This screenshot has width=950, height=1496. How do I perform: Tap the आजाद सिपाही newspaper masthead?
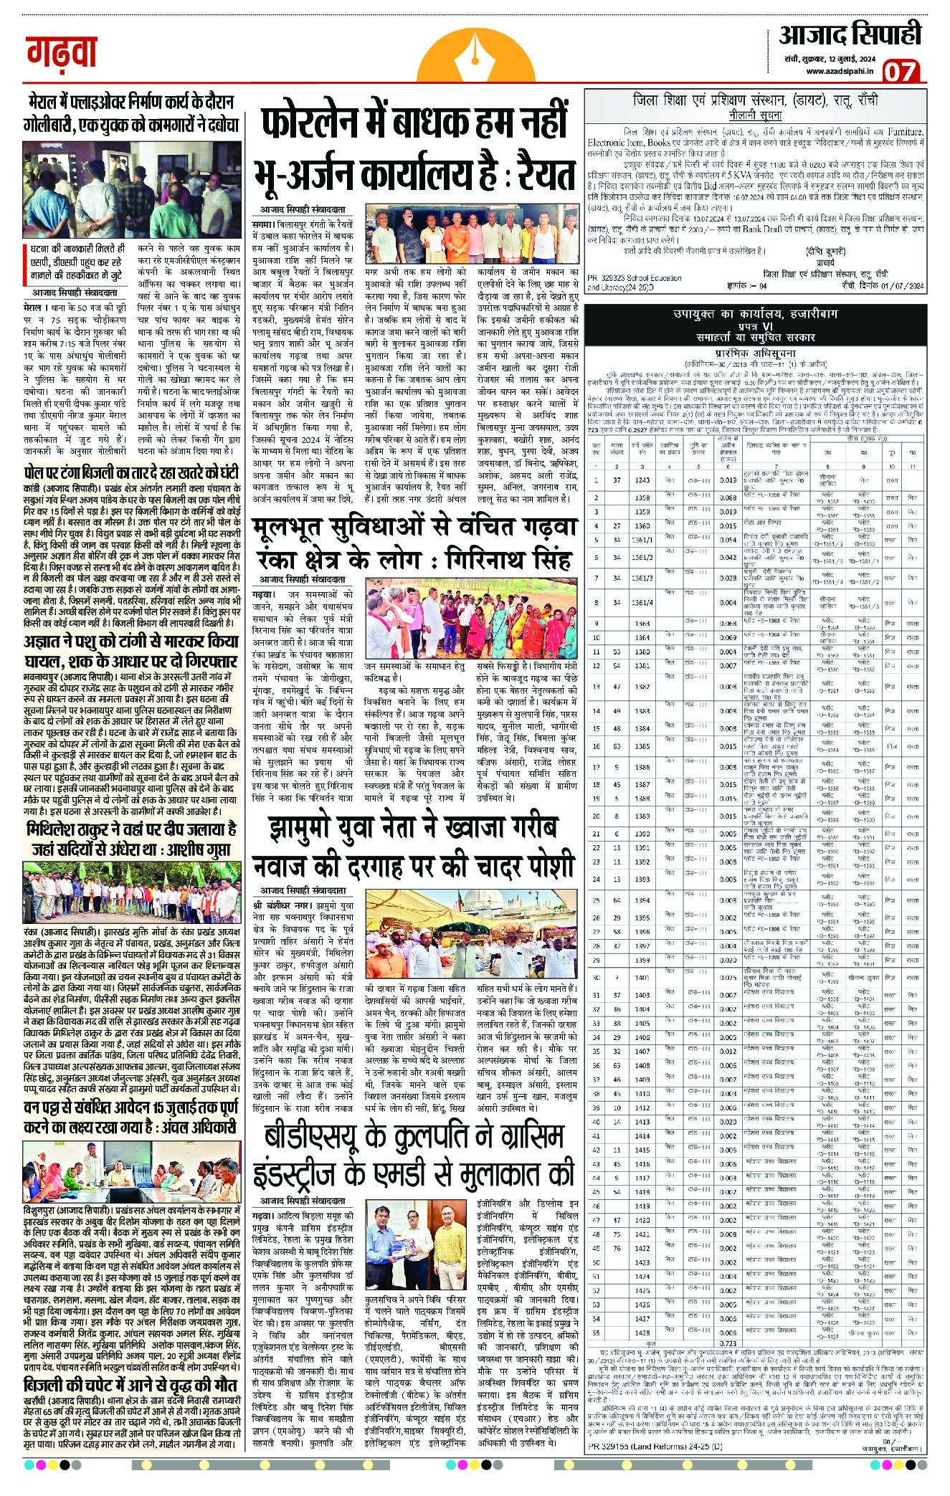[850, 34]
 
